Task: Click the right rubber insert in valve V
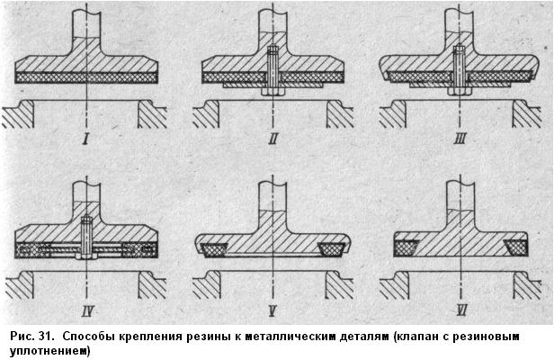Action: click(x=331, y=249)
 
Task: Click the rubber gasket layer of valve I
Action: click(x=86, y=78)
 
